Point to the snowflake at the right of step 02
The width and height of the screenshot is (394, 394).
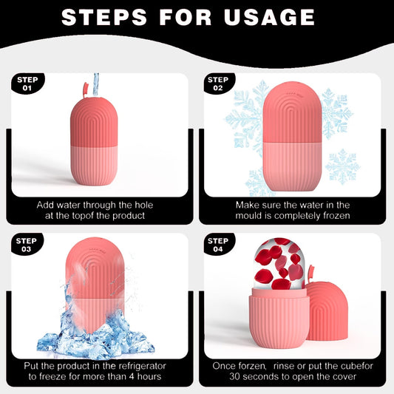342,167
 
